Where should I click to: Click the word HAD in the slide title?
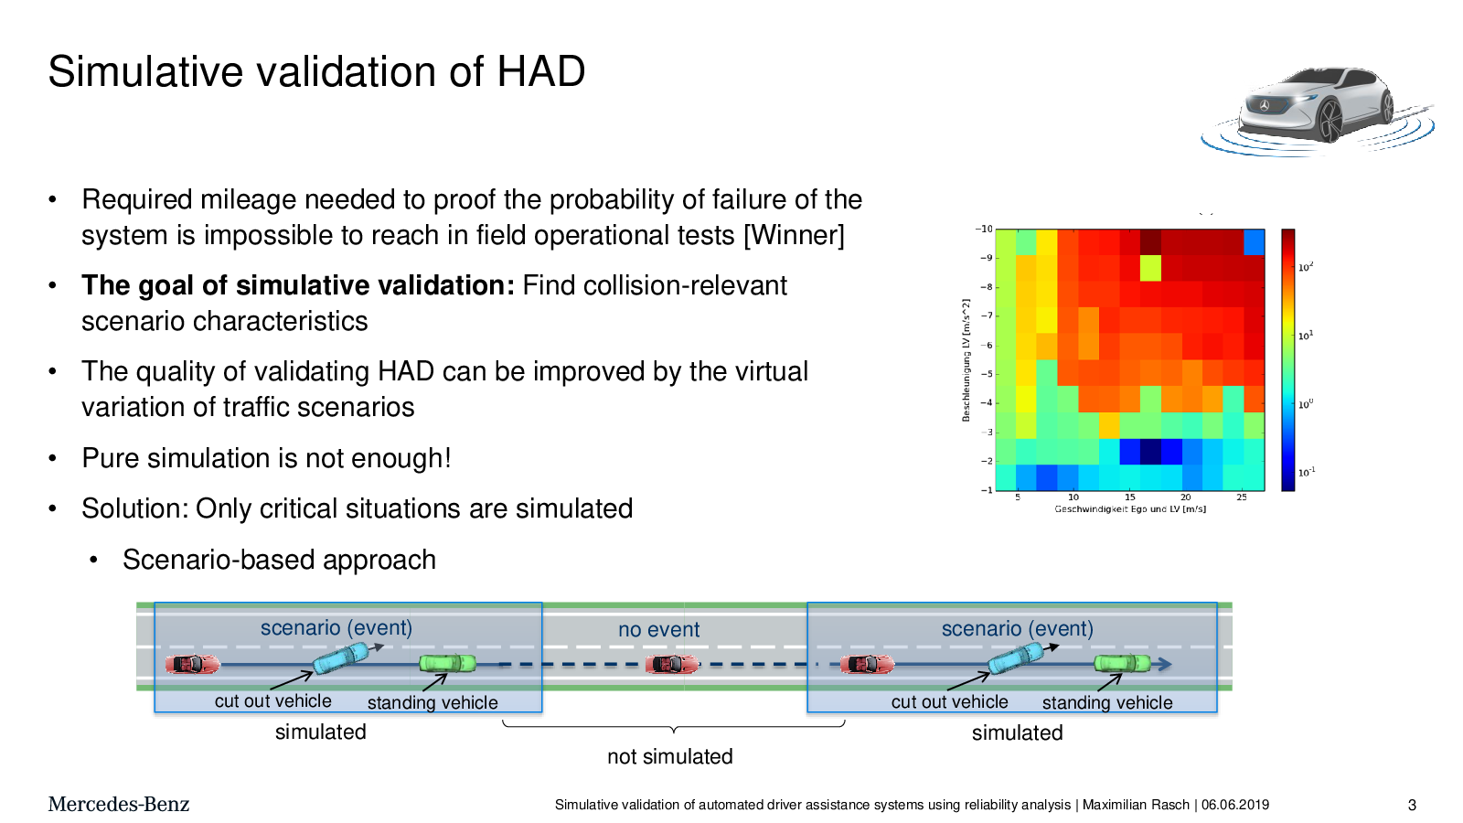coord(540,71)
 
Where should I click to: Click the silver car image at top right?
coord(1317,108)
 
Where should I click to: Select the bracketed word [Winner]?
coord(794,235)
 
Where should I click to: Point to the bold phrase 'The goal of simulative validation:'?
coord(298,285)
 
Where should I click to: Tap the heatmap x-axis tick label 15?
coord(1130,497)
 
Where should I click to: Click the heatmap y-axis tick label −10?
coord(984,229)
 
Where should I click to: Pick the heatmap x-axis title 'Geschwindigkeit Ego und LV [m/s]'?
coord(1130,508)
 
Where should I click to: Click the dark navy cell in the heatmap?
coord(1151,452)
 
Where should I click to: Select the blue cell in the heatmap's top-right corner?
coord(1254,241)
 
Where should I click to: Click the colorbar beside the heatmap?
coord(1288,359)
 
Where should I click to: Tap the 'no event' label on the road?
coord(658,629)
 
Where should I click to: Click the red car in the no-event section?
coord(671,664)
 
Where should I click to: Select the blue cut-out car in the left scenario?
coord(341,657)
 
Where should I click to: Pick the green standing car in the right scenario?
coord(1122,664)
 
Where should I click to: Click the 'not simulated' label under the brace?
coord(670,756)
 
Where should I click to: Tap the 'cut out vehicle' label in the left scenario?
coord(273,700)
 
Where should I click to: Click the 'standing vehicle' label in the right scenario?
coord(1107,703)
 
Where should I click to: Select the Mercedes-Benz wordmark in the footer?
coord(118,804)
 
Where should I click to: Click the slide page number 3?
coord(1412,806)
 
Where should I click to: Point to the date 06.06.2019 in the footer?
coord(1235,805)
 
